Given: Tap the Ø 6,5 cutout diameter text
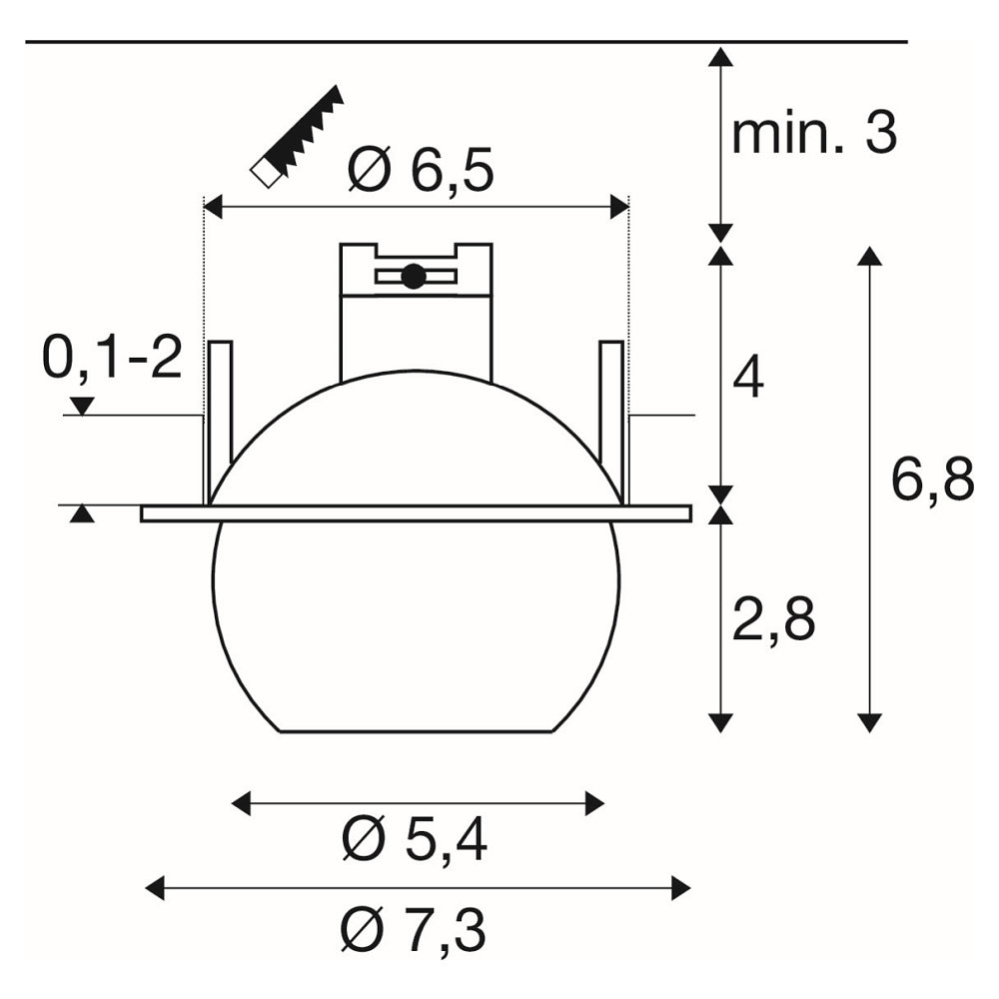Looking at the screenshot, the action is pos(422,171).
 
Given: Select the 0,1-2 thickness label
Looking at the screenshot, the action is pos(112,358).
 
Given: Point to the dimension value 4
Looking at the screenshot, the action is pos(748,379).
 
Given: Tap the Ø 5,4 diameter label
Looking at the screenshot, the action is pos(415,840).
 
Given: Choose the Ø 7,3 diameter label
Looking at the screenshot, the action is pos(414,930).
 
